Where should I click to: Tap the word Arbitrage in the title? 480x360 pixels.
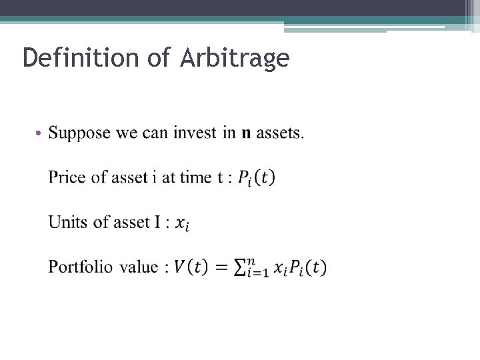[x=234, y=58]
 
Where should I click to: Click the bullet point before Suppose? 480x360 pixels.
[x=39, y=134]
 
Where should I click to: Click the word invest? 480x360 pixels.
[x=195, y=133]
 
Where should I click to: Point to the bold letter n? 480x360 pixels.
[x=246, y=133]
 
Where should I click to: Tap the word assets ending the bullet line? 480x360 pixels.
[x=280, y=133]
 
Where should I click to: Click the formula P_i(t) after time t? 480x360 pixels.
[x=256, y=178]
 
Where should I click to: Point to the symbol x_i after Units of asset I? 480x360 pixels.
[x=182, y=224]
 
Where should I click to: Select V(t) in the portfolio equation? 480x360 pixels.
[x=190, y=267]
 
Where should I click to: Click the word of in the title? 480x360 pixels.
[x=159, y=58]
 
